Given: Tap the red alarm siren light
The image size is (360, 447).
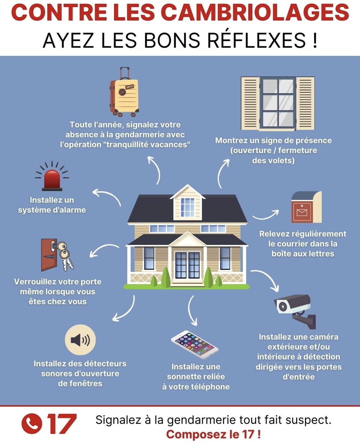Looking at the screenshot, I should tap(52, 180).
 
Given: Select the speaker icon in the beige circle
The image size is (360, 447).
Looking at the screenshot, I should tap(80, 340).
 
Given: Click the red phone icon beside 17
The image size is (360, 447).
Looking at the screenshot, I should tap(32, 424).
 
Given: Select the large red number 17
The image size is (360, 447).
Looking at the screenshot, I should tap(62, 424).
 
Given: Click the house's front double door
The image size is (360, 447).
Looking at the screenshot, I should tap(187, 265).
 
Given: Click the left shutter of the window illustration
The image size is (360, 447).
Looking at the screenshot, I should tap(250, 103).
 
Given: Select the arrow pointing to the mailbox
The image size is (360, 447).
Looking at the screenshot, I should tap(266, 216).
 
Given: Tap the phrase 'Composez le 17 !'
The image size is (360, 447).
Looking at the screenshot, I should tap(213, 434).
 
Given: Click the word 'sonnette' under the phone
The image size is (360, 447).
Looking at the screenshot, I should tap(196, 377).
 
